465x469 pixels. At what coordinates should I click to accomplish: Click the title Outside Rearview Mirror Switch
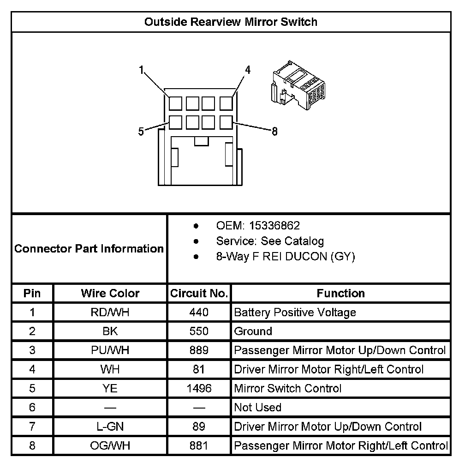click(x=231, y=22)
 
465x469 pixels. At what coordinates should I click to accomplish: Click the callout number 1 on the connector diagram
click(x=142, y=70)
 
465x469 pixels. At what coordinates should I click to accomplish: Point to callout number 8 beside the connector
click(x=274, y=132)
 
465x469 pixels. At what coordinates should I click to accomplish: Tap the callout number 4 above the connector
click(x=248, y=70)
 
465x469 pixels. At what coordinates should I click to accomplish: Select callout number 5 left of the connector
click(x=141, y=132)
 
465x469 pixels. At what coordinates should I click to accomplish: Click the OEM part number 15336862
click(x=274, y=226)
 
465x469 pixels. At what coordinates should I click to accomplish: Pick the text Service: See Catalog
click(x=270, y=241)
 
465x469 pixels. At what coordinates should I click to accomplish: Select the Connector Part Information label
click(x=89, y=249)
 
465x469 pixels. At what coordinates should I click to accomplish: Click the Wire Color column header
click(x=110, y=293)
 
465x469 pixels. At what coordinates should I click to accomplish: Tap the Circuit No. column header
click(x=199, y=293)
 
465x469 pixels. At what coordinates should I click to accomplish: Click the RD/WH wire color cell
click(x=110, y=313)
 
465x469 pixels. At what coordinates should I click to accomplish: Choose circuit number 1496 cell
click(x=199, y=388)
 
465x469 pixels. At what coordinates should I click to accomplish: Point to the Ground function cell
click(x=253, y=331)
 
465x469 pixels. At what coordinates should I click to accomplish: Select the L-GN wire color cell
click(x=110, y=427)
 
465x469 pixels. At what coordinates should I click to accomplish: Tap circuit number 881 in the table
click(x=199, y=445)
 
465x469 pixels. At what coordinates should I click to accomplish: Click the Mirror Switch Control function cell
click(x=288, y=388)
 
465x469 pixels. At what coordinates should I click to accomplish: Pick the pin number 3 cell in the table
click(x=32, y=350)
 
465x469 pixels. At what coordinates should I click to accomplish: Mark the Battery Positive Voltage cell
click(x=295, y=313)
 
